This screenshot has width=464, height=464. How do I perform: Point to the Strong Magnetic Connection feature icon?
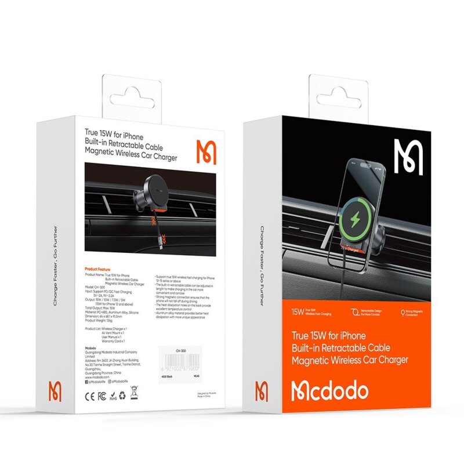click(404, 312)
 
